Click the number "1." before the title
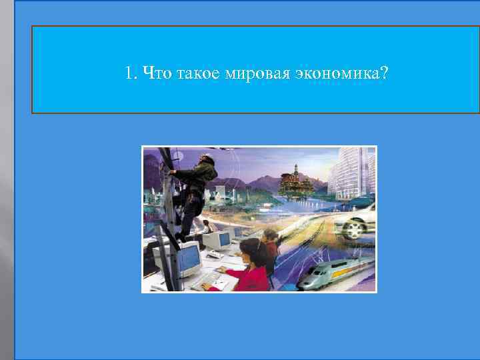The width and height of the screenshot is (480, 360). (131, 72)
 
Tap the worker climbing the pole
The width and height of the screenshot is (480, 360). (196, 190)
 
